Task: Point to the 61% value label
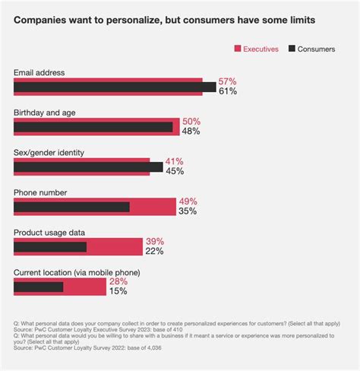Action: tap(228, 91)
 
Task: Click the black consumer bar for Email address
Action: tap(114, 87)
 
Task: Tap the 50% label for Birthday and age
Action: tap(191, 121)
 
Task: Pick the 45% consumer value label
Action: tap(175, 171)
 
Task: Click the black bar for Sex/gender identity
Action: tap(87, 166)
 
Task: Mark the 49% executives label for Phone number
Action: tap(188, 201)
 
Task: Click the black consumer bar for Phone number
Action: tap(71, 207)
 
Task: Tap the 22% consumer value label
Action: tap(153, 251)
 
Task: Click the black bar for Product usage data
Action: tap(50, 247)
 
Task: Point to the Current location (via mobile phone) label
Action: tap(77, 272)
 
